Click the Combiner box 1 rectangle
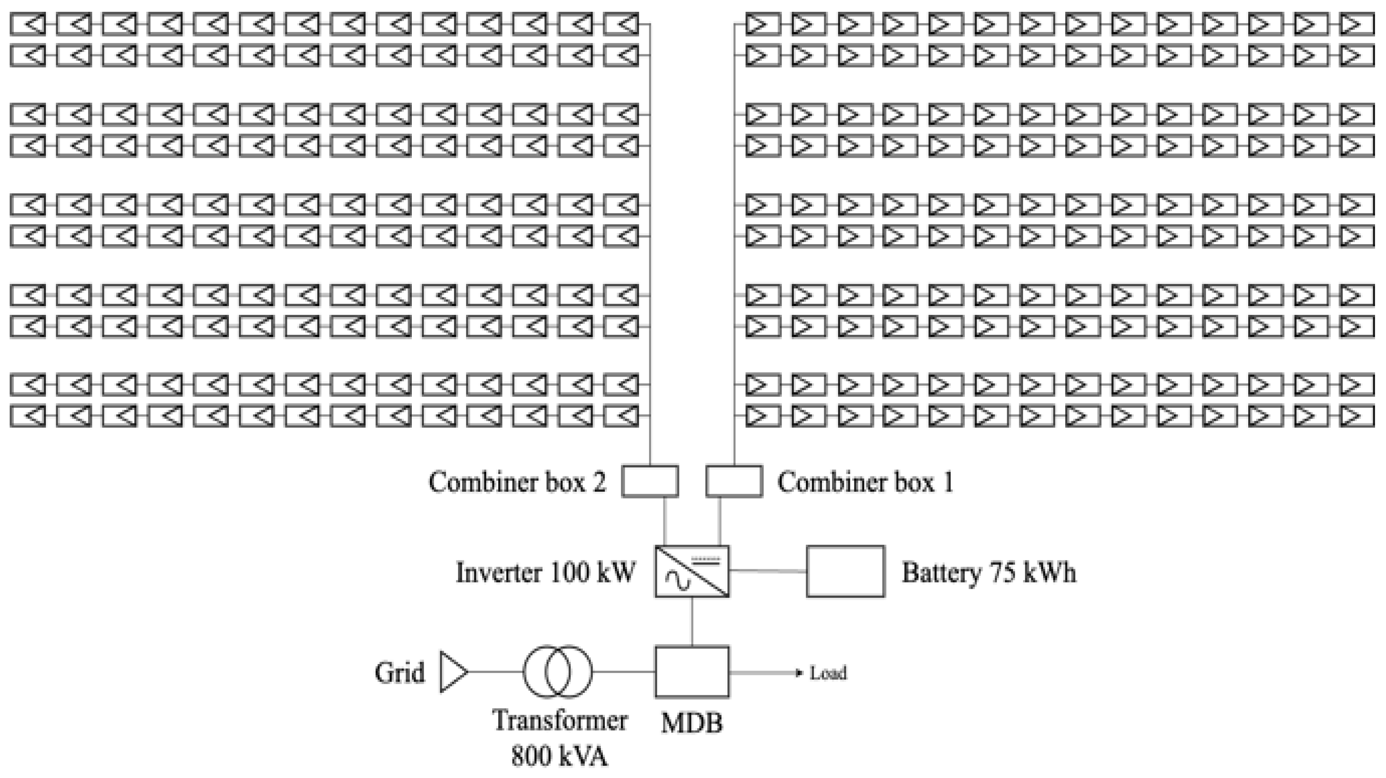coord(734,481)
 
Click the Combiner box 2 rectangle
coord(650,481)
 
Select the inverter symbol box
coord(692,571)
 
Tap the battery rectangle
coord(845,571)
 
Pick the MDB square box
coord(692,672)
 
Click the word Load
coord(829,673)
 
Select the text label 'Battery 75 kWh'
coord(989,572)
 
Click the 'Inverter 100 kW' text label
coord(545,572)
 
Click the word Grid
coord(399,673)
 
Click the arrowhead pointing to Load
coord(799,673)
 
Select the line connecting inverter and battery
coord(768,571)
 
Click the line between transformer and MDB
coord(623,672)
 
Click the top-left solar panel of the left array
coord(28,24)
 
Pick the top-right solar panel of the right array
coord(1357,24)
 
